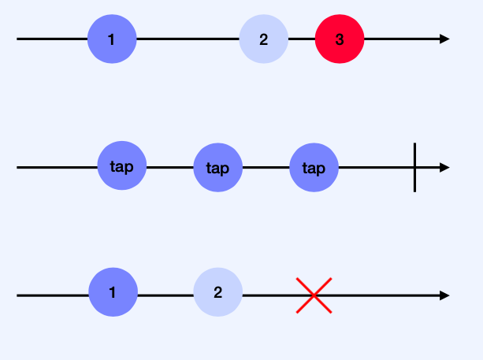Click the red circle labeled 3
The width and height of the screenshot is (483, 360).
(x=340, y=39)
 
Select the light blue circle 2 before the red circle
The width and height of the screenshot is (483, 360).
(x=264, y=39)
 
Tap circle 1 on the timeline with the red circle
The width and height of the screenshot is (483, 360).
(x=112, y=39)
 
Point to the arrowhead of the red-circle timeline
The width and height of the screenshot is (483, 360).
(x=444, y=39)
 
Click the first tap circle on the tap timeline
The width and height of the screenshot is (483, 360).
(x=122, y=167)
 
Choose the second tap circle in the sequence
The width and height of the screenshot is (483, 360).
(x=218, y=168)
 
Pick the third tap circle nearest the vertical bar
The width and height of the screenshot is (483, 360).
(x=314, y=168)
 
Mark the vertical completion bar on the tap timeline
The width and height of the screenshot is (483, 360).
(x=414, y=168)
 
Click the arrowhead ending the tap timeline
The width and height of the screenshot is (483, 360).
(x=444, y=168)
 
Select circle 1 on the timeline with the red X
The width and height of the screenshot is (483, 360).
(x=113, y=292)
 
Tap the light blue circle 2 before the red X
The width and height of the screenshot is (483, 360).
(x=218, y=292)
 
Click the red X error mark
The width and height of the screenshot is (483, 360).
(x=314, y=295)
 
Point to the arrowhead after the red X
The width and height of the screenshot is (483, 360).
(x=444, y=295)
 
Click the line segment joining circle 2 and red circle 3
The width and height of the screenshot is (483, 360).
(x=302, y=39)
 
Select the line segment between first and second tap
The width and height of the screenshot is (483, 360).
(x=170, y=168)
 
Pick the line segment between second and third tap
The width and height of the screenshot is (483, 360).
(x=266, y=168)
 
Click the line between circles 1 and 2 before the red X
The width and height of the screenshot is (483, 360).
(x=165, y=295)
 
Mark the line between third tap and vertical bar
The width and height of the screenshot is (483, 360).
(x=376, y=168)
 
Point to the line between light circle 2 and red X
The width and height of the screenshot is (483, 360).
(x=268, y=295)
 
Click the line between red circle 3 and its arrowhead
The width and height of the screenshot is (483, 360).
(x=402, y=39)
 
